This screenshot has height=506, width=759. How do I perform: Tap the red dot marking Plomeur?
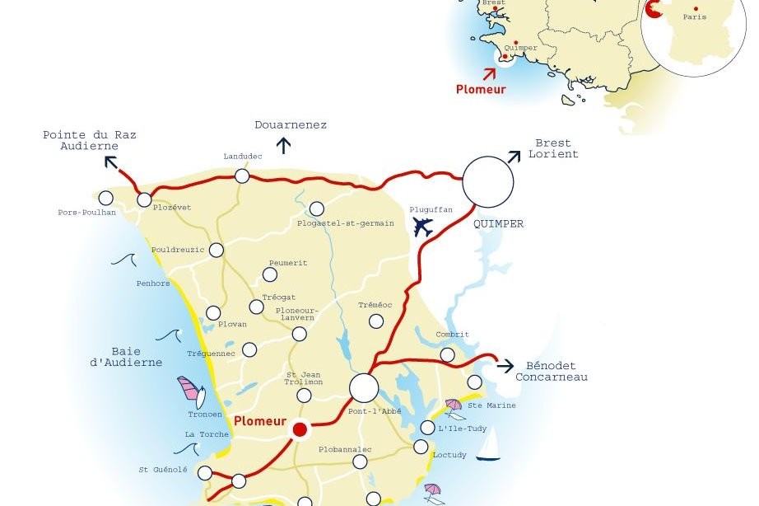point(300,429)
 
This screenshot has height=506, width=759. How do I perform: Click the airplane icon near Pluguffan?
point(423,227)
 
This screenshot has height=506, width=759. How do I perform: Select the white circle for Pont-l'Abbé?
point(364,388)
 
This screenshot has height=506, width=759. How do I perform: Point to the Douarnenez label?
point(291,125)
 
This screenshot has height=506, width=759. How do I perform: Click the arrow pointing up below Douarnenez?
point(285,147)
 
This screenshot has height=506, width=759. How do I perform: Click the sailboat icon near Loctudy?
point(488,446)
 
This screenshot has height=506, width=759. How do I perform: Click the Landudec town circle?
point(242,176)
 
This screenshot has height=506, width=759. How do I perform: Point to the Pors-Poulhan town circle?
point(106,198)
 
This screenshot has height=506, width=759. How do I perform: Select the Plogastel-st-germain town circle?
point(317,208)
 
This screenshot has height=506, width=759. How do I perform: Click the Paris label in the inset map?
point(694,16)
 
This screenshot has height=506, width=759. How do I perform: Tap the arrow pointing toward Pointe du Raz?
point(110,161)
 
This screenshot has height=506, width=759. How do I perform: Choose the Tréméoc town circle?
point(376,321)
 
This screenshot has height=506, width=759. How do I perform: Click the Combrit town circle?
point(447,354)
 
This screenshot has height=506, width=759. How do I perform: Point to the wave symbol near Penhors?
point(123,260)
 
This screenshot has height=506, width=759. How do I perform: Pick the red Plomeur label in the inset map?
point(481,88)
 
